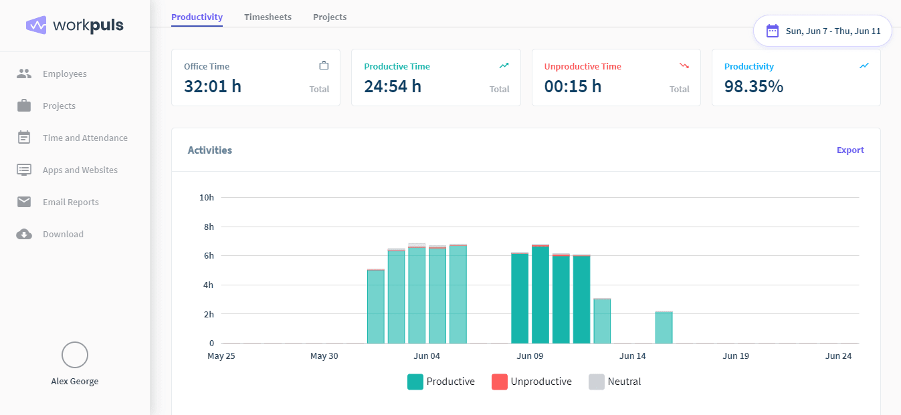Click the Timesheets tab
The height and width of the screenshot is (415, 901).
point(268,17)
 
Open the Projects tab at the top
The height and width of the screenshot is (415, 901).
point(330,17)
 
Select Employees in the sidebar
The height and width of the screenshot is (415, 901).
point(64,74)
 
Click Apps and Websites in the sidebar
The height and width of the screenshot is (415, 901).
point(80,170)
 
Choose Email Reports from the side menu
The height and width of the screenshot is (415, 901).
point(70,202)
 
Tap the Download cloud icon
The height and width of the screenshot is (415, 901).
point(24,235)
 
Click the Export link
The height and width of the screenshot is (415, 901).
point(850,150)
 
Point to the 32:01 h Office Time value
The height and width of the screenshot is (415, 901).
point(213,86)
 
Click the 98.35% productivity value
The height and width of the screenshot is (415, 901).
point(754,86)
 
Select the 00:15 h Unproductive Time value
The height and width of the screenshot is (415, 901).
point(573,86)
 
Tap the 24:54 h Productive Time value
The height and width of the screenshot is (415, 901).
point(393,86)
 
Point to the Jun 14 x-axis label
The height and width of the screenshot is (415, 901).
point(632,356)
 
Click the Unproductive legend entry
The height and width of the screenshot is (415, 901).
point(532,382)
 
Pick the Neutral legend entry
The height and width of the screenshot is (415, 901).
point(615,382)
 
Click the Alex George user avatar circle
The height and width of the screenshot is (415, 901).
point(75,355)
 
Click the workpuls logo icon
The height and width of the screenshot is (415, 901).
point(36,25)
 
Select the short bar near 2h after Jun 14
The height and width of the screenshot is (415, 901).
point(664,327)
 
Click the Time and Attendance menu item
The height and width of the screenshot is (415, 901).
point(85,138)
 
